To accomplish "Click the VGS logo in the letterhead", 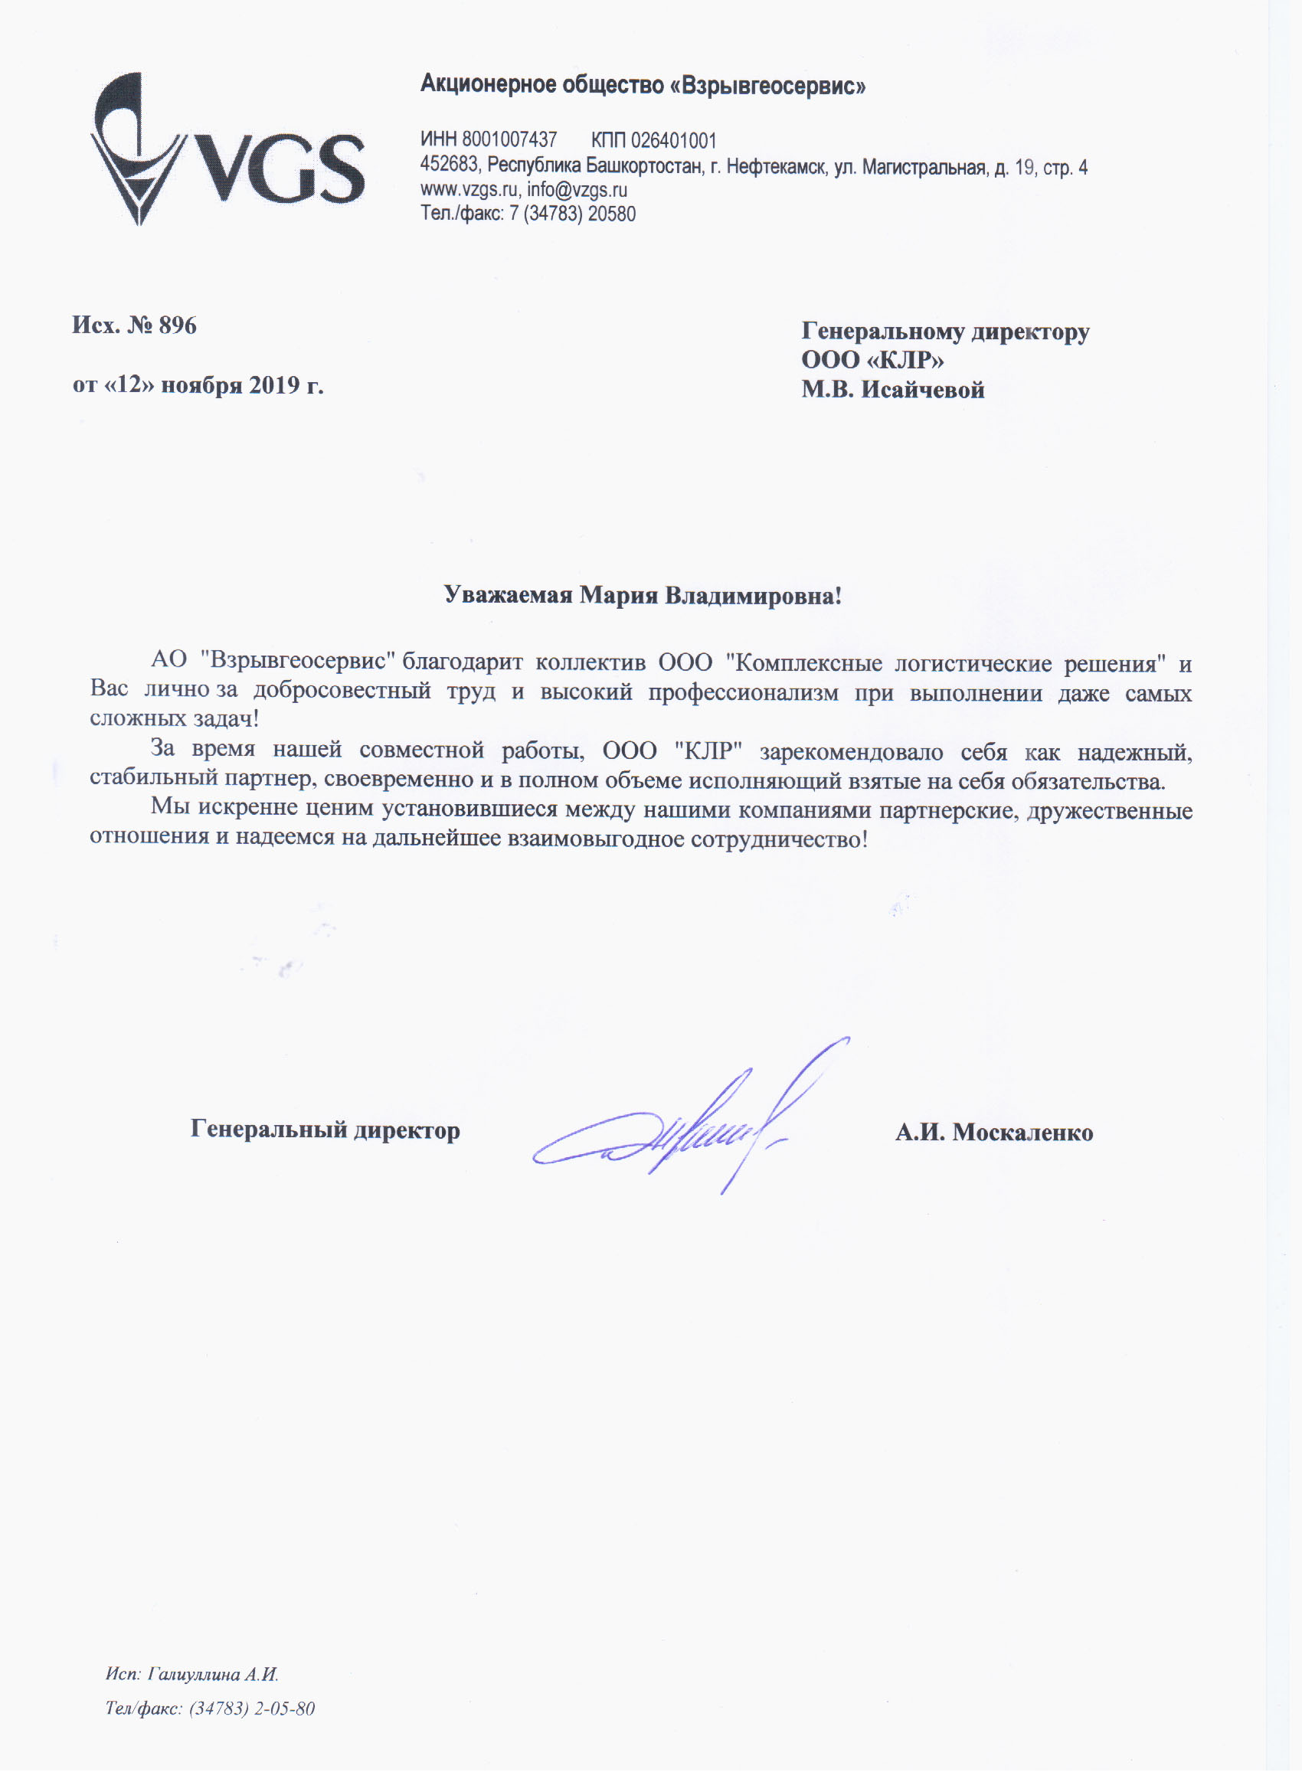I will pos(227,149).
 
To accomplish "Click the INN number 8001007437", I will pos(509,140).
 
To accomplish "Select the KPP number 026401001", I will pos(673,141).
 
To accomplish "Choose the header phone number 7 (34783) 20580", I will pos(573,214).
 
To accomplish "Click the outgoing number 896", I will pos(178,325).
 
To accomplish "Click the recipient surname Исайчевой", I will pos(922,390).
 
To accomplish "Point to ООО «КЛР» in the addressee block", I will pos(872,360).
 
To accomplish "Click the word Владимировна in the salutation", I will pos(753,596).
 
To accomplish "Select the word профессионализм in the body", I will pos(743,693).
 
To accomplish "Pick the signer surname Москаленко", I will pos(1022,1132).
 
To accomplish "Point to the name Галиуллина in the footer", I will pos(193,1674).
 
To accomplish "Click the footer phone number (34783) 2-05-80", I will pos(252,1709).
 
